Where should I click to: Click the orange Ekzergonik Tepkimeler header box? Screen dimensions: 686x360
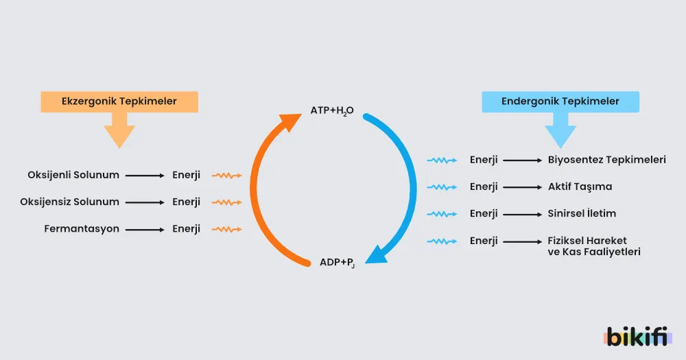coord(119,101)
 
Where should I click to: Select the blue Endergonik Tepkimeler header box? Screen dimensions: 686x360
coord(560,101)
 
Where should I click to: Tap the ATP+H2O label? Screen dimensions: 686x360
coord(332,110)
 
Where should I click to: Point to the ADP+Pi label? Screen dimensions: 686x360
coord(337,263)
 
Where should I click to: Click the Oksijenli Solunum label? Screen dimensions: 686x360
coord(73,175)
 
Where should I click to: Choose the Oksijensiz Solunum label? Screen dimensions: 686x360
coord(69,202)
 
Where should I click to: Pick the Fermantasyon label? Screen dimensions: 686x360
coord(82,229)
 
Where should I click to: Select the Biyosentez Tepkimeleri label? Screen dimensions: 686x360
coord(607,160)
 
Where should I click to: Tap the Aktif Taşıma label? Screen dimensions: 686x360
coord(580,187)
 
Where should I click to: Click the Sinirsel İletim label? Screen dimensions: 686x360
coord(582,213)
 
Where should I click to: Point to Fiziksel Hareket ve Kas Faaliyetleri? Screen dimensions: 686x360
coord(594,246)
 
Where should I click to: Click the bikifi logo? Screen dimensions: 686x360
coord(637,337)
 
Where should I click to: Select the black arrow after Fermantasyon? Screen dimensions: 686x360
coord(145,230)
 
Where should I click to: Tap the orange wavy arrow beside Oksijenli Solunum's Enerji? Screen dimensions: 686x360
coord(226,176)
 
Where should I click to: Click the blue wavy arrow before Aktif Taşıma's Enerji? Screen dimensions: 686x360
coord(442,187)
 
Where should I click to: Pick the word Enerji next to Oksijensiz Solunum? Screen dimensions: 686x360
coord(187,202)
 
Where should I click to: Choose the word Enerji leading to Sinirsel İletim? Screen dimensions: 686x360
coord(484,213)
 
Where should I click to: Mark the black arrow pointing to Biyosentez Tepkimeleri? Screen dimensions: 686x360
coord(522,160)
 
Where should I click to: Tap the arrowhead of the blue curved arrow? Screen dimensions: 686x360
coord(376,256)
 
